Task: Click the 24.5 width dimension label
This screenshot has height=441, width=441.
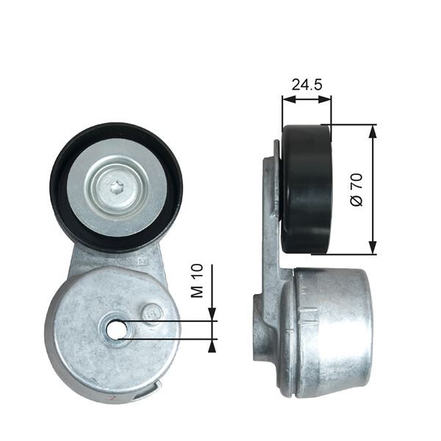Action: (306, 85)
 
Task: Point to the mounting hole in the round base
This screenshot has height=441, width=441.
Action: (116, 330)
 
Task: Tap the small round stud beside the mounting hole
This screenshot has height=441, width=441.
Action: (153, 312)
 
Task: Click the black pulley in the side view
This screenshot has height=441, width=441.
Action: (306, 189)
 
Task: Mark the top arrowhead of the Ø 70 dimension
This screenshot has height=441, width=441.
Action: (373, 130)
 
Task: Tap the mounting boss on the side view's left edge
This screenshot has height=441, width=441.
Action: (259, 327)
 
